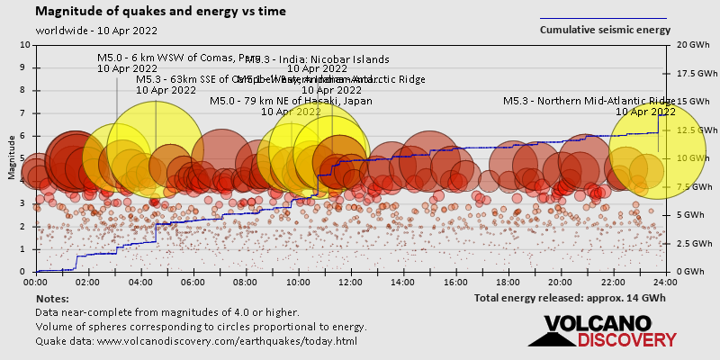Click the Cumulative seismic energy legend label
(605, 30)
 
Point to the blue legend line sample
(603, 18)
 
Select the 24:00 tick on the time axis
(666, 282)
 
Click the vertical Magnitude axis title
(12, 158)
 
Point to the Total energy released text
(569, 297)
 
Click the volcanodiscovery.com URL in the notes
(196, 341)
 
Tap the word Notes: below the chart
(52, 298)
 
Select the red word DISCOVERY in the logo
(626, 340)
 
